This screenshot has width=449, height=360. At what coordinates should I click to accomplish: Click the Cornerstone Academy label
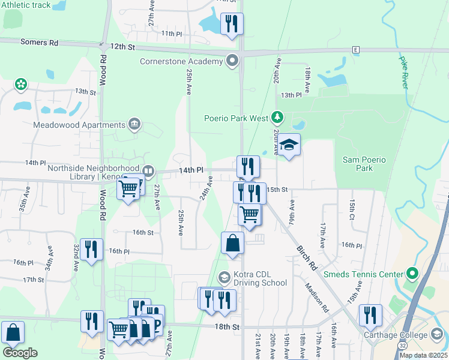click(x=182, y=61)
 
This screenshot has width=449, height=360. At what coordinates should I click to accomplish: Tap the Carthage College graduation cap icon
click(x=437, y=335)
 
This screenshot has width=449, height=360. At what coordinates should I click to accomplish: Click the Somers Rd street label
click(x=39, y=43)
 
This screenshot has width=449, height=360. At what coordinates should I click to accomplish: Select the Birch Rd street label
click(x=306, y=254)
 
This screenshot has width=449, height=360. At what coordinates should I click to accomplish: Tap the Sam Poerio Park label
click(x=364, y=164)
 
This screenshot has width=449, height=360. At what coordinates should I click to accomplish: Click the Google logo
click(x=19, y=352)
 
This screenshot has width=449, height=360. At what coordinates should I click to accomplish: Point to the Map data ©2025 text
click(x=423, y=355)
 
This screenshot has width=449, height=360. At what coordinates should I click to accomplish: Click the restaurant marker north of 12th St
click(x=231, y=24)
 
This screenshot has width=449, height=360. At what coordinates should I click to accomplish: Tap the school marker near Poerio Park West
click(x=289, y=145)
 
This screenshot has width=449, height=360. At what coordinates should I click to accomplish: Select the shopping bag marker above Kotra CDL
click(x=232, y=244)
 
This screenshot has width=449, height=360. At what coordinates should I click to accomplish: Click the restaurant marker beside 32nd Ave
click(x=91, y=250)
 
